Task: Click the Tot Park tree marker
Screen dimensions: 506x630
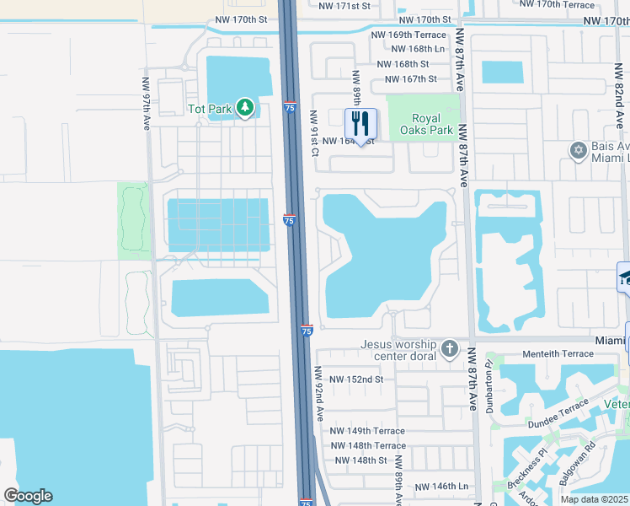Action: [x=244, y=108]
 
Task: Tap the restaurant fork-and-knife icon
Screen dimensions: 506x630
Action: [x=361, y=123]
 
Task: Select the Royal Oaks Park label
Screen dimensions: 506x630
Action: [x=433, y=124]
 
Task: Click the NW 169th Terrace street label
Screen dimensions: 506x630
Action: [x=409, y=35]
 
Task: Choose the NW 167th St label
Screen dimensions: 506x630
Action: [x=410, y=79]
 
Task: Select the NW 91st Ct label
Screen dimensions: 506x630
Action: [x=313, y=133]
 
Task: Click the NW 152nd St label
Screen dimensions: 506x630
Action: [x=356, y=379]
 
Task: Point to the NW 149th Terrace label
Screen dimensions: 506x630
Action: [x=368, y=431]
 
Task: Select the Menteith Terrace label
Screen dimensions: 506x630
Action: [x=558, y=354]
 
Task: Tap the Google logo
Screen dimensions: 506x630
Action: [x=28, y=496]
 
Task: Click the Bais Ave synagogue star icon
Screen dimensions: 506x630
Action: [x=578, y=151]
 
